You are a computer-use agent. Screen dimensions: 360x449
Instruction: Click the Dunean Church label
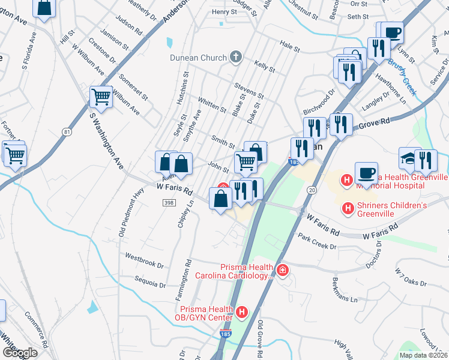point(198,58)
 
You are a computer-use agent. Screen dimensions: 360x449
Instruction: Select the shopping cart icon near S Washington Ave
point(101,97)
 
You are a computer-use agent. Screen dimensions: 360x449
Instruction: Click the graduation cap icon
point(409,158)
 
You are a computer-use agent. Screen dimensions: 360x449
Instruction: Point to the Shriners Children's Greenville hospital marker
point(347,208)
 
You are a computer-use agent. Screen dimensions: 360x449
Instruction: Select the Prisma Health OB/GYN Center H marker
point(242,312)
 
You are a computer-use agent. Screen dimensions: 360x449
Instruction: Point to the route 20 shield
point(311,190)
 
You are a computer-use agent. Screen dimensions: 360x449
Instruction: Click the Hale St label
point(289,46)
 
